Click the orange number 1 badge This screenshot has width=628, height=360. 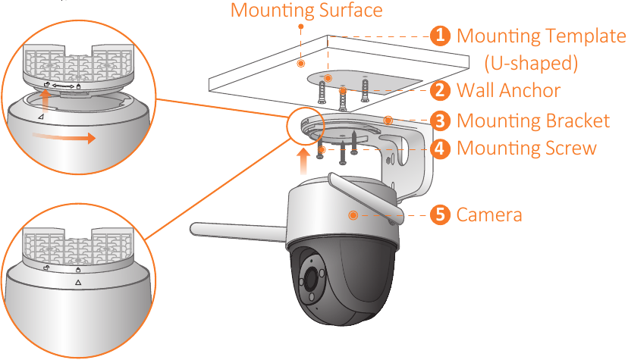(439, 36)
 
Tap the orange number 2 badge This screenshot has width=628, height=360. (439, 91)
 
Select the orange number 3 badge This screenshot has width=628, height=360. (439, 121)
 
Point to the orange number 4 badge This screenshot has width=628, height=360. (439, 148)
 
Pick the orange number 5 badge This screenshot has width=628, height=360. (439, 214)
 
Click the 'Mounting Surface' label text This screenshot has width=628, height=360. (306, 11)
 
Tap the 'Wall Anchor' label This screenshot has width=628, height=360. (508, 91)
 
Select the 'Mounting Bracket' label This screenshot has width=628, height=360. (533, 121)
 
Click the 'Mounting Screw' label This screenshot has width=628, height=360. (526, 148)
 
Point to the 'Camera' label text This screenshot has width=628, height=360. (489, 214)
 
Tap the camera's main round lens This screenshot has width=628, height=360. (311, 280)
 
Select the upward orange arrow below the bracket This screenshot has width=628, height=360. (303, 161)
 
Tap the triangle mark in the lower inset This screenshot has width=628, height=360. (77, 280)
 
